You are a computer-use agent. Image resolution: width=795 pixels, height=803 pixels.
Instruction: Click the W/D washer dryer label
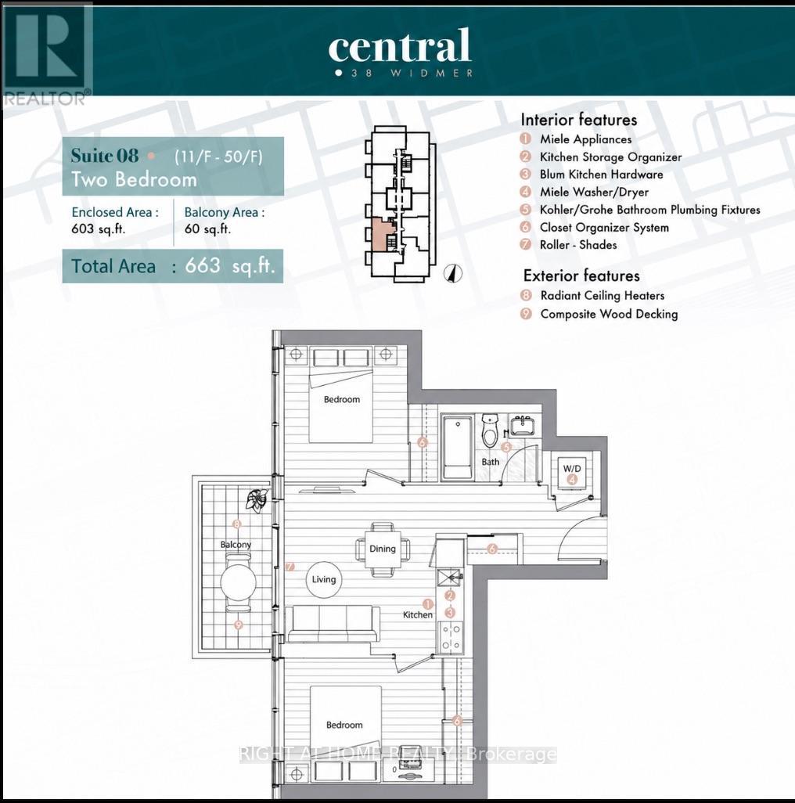572,469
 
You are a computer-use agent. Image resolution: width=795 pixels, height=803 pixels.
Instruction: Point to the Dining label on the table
383,549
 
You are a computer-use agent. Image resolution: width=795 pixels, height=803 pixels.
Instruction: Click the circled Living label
323,579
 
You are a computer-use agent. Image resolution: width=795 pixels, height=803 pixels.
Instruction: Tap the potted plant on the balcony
257,499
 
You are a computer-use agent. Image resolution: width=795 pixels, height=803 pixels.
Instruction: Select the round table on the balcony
238,582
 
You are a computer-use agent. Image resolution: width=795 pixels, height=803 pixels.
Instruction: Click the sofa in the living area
333,624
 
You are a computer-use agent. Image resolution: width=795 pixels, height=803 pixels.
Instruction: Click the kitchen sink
450,578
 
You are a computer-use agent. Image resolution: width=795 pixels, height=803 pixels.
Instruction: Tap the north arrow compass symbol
452,273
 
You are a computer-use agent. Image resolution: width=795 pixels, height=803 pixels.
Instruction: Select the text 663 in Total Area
203,265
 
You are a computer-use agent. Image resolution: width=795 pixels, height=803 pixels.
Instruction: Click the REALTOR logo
47,54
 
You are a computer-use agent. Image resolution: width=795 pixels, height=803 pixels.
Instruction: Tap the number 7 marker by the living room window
290,567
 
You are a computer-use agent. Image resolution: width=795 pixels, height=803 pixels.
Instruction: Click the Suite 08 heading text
104,155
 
